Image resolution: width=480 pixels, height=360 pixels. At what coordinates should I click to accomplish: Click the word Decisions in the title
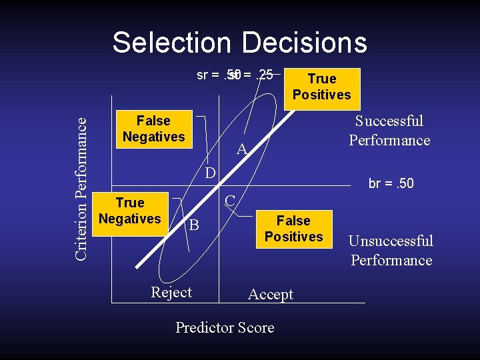(304, 43)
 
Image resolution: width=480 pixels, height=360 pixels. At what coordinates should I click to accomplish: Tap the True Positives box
(321, 87)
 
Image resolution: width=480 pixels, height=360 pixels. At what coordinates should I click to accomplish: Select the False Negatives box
(153, 129)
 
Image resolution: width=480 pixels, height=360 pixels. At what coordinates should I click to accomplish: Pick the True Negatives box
(129, 211)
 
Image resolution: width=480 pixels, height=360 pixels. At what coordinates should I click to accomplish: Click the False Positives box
(293, 229)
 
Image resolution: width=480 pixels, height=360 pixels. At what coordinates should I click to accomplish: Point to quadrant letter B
(193, 225)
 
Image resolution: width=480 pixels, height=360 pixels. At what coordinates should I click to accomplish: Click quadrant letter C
(229, 200)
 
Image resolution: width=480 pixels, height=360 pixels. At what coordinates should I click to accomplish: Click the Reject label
(171, 293)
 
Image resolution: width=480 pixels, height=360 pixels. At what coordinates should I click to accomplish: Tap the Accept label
(270, 295)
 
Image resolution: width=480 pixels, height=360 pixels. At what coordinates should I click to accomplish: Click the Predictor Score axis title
(225, 327)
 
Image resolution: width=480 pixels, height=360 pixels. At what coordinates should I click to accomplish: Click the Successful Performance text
(389, 131)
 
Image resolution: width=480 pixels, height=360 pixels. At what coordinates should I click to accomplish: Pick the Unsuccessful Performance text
(391, 251)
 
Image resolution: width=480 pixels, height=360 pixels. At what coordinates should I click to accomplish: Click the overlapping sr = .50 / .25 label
(235, 75)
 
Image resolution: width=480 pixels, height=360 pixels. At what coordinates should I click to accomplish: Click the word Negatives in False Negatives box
(153, 137)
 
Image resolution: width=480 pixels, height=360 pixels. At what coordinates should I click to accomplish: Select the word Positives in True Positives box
(321, 95)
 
